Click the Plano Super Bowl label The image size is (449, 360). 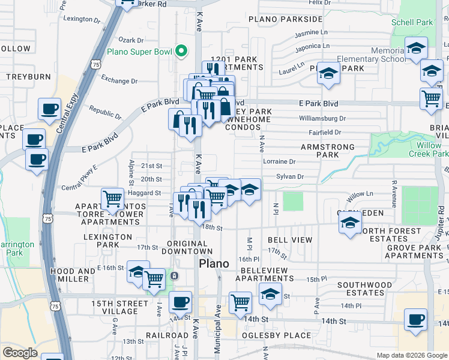[139, 52]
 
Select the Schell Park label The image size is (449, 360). [411, 23]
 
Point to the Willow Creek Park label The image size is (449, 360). [429, 149]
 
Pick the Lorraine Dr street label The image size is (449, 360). [280, 161]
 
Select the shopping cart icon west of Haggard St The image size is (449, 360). [112, 198]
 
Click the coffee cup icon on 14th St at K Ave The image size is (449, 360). [180, 302]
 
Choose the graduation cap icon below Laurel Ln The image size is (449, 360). [328, 74]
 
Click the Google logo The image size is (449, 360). [20, 353]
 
